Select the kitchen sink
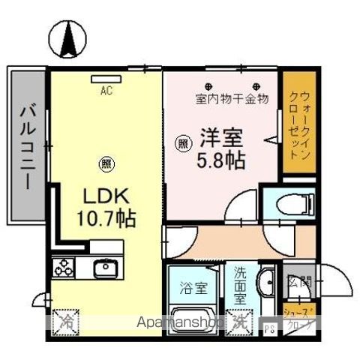pos(103,268)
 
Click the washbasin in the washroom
pos(268,283)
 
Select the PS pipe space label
pos(269,328)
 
